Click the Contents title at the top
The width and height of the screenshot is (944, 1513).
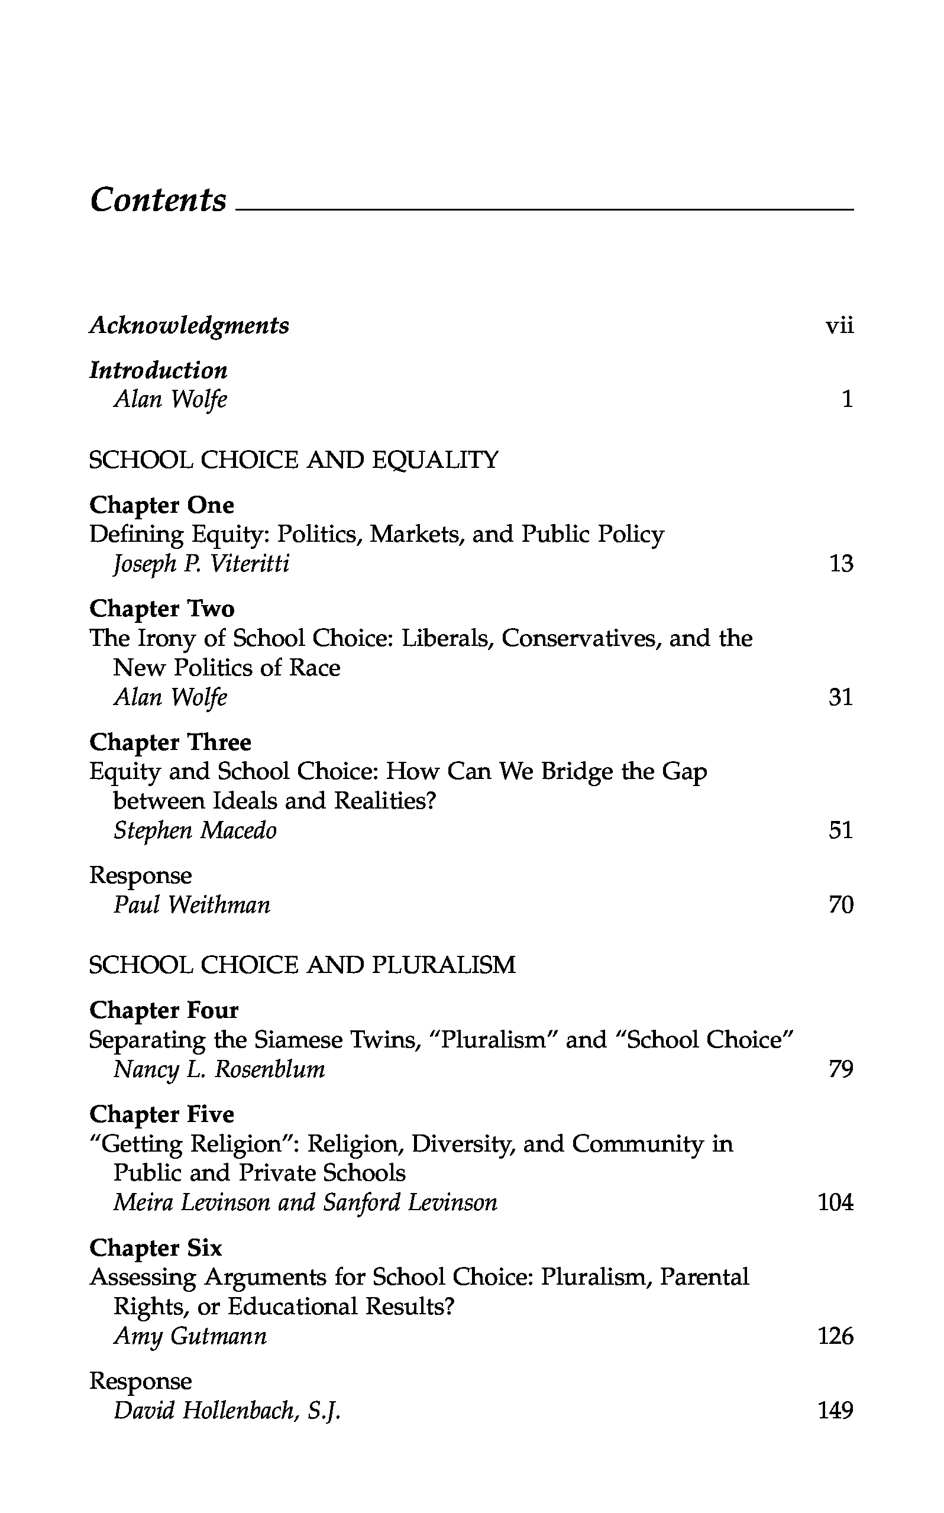click(159, 201)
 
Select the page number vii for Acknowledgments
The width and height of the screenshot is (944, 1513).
click(839, 326)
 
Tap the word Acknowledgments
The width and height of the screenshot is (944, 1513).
click(189, 326)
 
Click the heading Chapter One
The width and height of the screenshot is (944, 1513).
click(161, 505)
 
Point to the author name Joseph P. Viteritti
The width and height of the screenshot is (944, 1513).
click(201, 564)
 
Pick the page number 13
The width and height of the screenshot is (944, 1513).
click(840, 564)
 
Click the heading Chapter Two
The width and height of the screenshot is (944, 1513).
click(161, 609)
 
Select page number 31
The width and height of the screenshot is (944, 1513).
click(840, 697)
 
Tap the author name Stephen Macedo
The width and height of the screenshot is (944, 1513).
click(195, 831)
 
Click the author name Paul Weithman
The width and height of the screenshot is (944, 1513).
click(192, 905)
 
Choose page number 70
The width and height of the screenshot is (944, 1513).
click(840, 905)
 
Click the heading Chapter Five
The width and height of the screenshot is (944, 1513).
click(161, 1114)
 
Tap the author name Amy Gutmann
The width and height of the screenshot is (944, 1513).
click(190, 1336)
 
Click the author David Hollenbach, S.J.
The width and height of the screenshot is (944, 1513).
click(227, 1411)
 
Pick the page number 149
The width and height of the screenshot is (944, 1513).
click(835, 1411)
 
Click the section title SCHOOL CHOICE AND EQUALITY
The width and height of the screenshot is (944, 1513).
click(293, 460)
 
